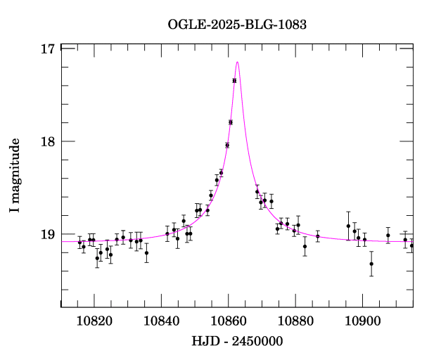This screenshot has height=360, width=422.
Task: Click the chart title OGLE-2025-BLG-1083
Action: (x=237, y=24)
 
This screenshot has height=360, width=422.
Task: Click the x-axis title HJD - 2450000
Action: (x=238, y=341)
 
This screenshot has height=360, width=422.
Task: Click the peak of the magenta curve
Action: (x=238, y=62)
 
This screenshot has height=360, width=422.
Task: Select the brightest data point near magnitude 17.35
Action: (x=234, y=81)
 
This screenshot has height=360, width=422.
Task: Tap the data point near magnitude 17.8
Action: (x=231, y=122)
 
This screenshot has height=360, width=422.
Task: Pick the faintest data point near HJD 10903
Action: (x=371, y=264)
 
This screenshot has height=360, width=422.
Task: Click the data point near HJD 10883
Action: (x=305, y=246)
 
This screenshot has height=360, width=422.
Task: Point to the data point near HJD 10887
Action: (x=318, y=236)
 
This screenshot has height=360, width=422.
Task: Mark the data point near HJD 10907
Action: (x=388, y=236)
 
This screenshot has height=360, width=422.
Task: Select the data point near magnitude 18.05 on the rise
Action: (x=227, y=146)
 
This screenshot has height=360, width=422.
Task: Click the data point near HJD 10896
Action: (x=348, y=226)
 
